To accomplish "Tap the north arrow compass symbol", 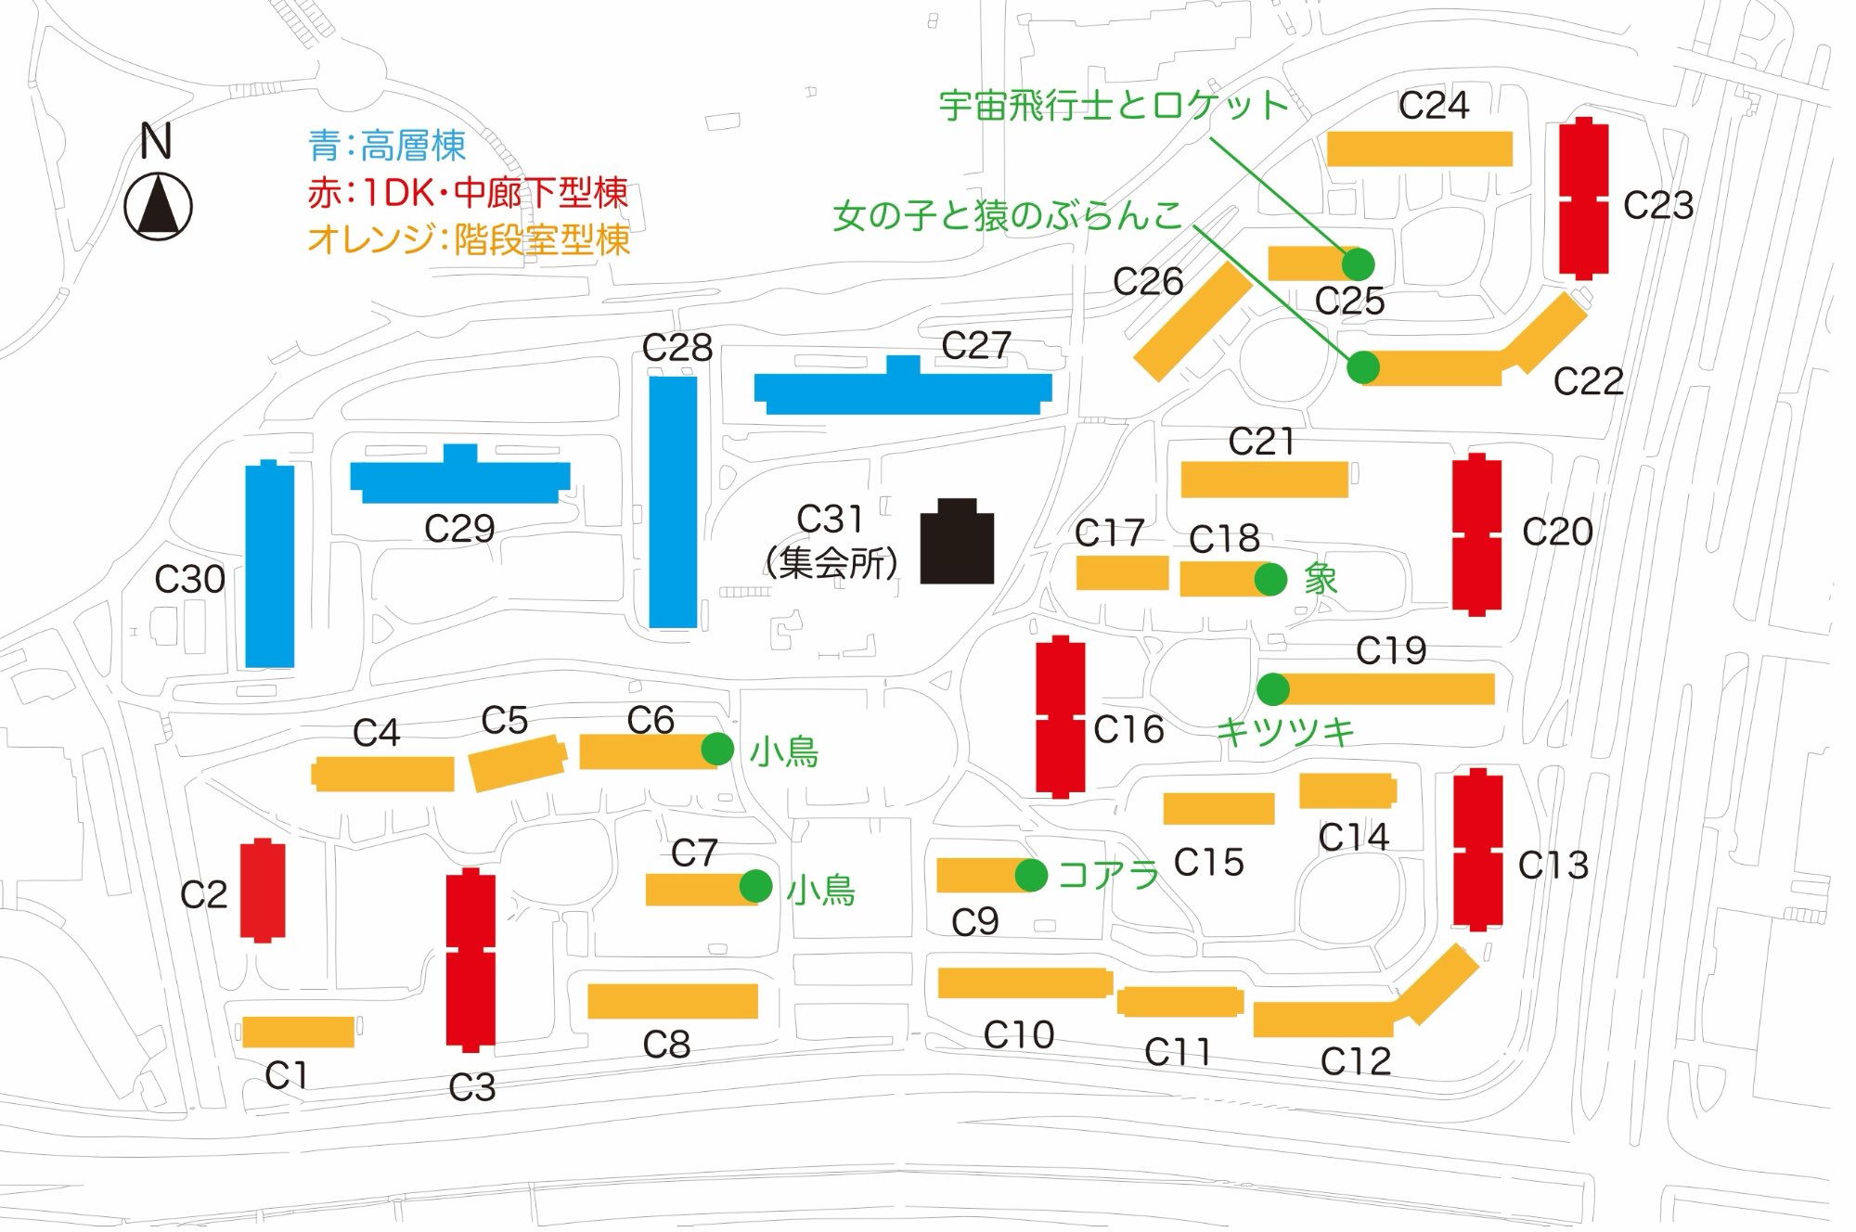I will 158,206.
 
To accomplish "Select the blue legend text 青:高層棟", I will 386,146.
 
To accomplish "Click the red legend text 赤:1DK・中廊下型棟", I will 468,193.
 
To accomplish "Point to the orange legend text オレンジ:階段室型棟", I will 469,240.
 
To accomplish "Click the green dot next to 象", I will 1270,579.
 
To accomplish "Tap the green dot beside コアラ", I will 1031,874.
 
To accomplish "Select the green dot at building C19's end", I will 1273,689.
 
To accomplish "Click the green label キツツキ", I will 1285,732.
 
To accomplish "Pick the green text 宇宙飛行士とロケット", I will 1114,106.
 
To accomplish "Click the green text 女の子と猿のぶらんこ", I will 1008,216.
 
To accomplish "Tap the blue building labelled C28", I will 673,502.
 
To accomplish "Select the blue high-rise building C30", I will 269,565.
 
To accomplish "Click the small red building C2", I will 263,891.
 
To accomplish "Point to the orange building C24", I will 1419,148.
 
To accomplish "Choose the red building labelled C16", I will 1061,716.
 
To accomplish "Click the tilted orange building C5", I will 517,763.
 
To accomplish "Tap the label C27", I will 975,346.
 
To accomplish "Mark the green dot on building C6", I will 717,749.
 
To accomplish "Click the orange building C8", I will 673,1001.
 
